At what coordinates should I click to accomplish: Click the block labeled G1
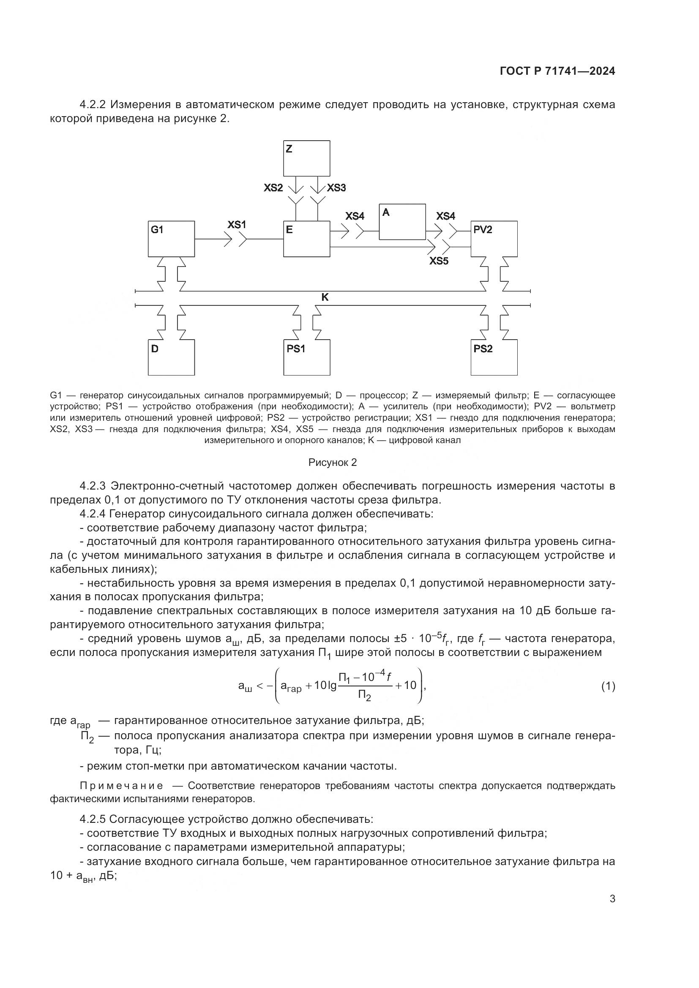[x=171, y=239]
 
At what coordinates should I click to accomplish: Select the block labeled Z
[x=306, y=158]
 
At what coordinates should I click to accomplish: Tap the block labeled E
[x=306, y=239]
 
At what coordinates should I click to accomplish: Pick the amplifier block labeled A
[x=402, y=222]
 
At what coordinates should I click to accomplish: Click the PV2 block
[x=494, y=239]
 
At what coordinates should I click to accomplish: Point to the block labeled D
[x=171, y=358]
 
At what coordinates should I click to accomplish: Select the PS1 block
[x=306, y=358]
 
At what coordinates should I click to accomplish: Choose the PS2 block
[x=494, y=358]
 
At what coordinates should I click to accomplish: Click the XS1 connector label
[x=236, y=225]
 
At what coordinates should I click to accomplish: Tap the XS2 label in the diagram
[x=273, y=188]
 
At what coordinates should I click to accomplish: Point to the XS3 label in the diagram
[x=336, y=188]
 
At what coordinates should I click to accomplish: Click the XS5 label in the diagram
[x=439, y=261]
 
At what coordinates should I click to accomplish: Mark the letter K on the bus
[x=325, y=297]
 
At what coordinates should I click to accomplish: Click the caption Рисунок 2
[x=332, y=463]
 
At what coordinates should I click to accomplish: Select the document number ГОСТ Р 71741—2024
[x=557, y=71]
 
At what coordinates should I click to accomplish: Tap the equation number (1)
[x=608, y=686]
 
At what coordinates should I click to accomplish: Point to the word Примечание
[x=121, y=786]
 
